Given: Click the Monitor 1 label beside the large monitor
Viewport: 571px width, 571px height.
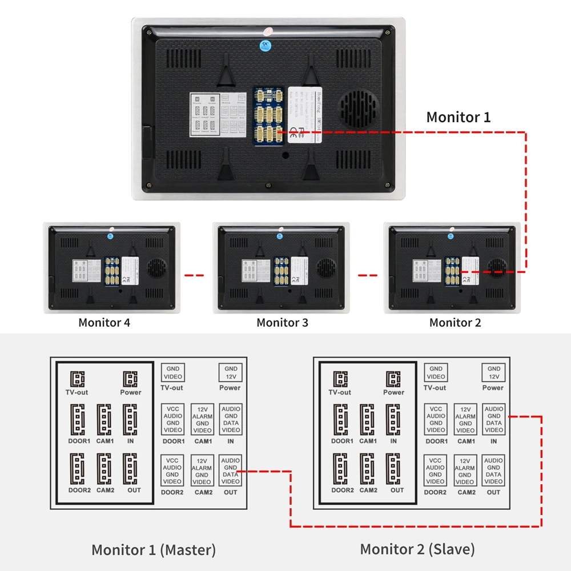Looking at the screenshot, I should click(x=458, y=118).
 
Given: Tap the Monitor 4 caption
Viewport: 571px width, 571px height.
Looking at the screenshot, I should click(x=104, y=323).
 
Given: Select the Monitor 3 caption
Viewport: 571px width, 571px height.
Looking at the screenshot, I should click(x=282, y=323).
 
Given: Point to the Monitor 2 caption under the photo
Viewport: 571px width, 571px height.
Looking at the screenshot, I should click(x=455, y=323).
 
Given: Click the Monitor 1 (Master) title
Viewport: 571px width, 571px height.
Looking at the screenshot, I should click(x=154, y=550).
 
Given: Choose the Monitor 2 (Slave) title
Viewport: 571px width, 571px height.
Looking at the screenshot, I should click(x=417, y=550).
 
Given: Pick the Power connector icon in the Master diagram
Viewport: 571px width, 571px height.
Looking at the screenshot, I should click(x=131, y=379).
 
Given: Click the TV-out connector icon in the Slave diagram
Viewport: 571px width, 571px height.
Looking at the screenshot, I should click(x=340, y=379).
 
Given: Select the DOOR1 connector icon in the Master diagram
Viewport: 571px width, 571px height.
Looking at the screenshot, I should click(x=78, y=420).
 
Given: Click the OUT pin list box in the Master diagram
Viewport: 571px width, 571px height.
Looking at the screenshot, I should click(x=231, y=471).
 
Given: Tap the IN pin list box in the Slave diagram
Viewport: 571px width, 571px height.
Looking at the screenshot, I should click(x=494, y=420).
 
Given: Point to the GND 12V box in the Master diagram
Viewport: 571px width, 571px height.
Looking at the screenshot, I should click(x=231, y=373).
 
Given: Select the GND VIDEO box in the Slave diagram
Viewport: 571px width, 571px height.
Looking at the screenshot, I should click(x=436, y=373).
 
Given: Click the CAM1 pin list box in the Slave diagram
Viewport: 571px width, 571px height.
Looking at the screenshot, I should click(x=465, y=420).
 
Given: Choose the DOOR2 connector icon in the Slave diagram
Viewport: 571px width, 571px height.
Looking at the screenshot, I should click(x=341, y=469).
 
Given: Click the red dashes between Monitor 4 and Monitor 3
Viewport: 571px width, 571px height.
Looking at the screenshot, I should click(x=195, y=275).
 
